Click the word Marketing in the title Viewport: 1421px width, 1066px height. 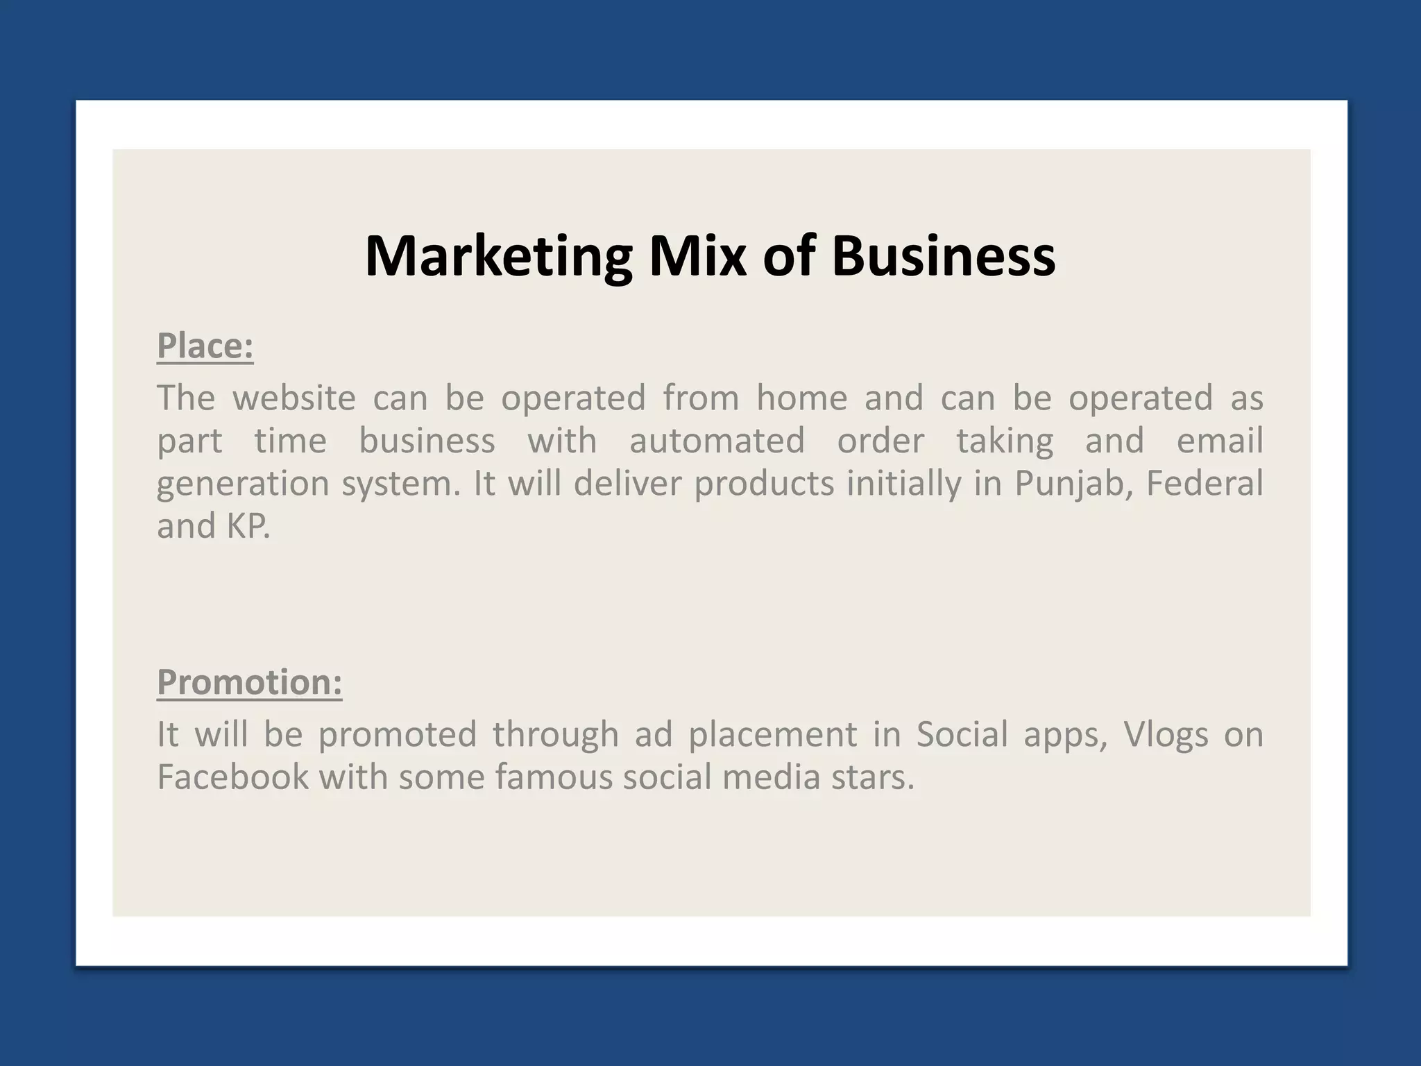coord(498,257)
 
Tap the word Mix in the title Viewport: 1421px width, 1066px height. coord(697,257)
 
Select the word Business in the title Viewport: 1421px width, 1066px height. coord(944,257)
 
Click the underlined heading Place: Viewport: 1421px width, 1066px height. coord(205,346)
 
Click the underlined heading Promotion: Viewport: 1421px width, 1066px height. coord(250,682)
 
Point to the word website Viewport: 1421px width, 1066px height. coord(294,398)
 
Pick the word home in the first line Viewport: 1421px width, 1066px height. coord(801,398)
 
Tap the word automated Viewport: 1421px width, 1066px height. coord(717,441)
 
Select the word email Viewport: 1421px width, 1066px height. coord(1220,441)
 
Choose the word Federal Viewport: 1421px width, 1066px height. coord(1205,484)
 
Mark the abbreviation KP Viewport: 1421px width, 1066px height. coord(247,527)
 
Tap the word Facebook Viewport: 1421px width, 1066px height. coord(232,777)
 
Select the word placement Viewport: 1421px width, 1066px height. coord(773,736)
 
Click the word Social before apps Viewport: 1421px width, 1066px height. coord(962,735)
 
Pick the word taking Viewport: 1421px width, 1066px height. coord(1005,442)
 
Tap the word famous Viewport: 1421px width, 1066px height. coord(554,777)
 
